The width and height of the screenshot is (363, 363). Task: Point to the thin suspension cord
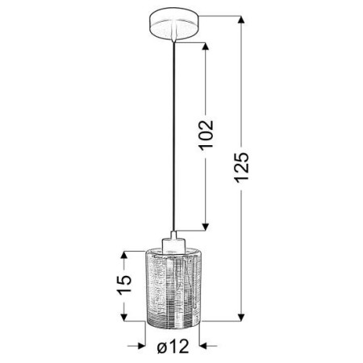172,129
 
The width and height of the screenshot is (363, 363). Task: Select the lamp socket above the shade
172,241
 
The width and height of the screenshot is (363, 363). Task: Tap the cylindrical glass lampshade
172,286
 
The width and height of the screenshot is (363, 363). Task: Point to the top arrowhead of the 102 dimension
208,41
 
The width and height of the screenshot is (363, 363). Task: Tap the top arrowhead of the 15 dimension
123,255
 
